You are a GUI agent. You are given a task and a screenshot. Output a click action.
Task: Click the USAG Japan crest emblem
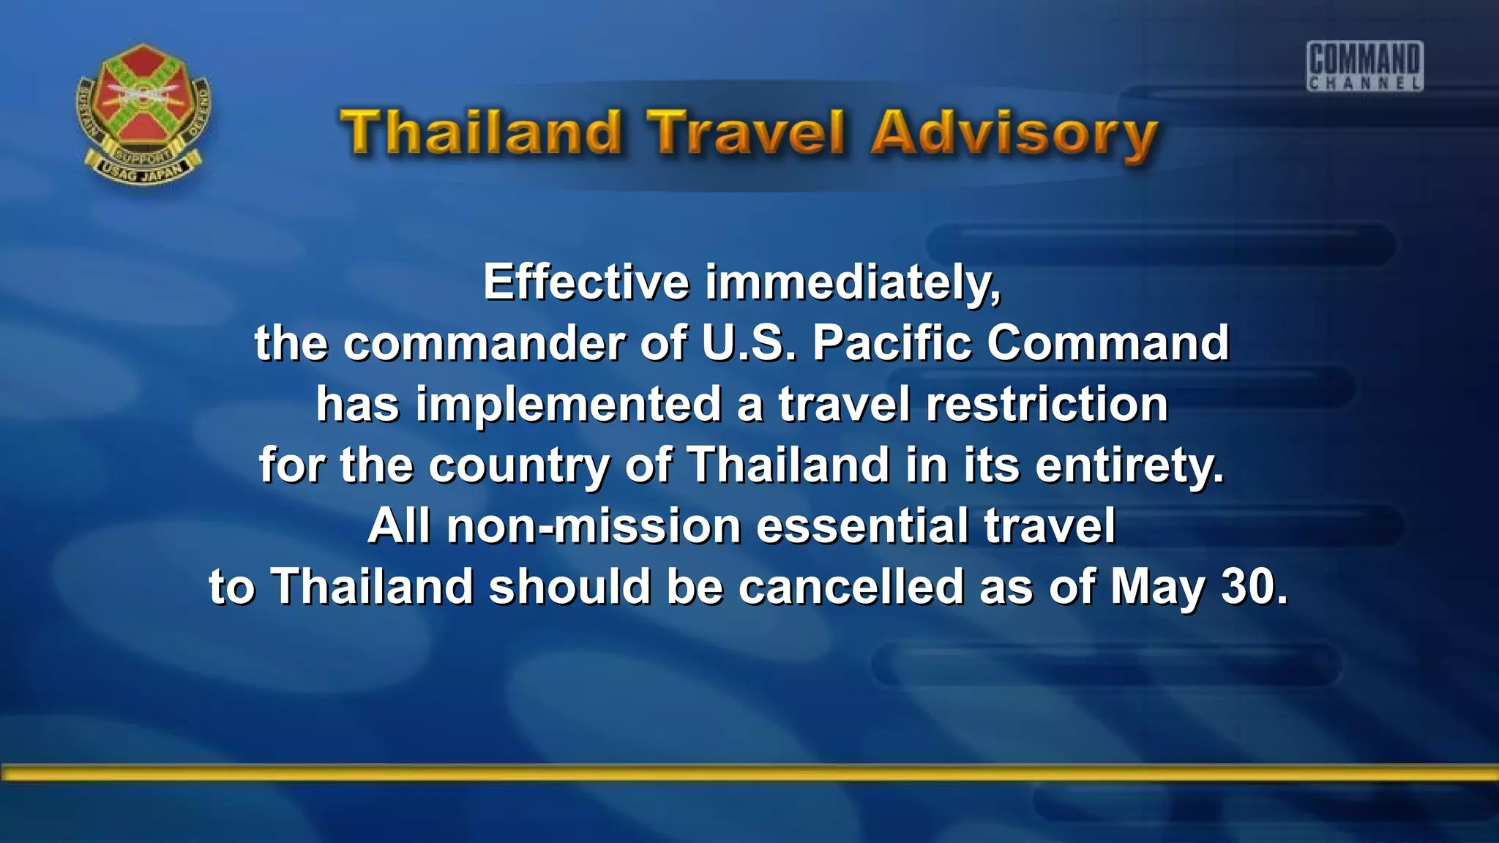point(143,113)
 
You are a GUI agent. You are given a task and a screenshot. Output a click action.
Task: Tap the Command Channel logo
point(1365,66)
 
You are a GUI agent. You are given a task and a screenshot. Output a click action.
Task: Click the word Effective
point(586,282)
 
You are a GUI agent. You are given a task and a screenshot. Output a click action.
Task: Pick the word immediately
point(853,284)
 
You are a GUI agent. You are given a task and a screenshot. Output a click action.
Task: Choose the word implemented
point(569,405)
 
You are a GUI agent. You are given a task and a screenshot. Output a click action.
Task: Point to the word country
point(519,466)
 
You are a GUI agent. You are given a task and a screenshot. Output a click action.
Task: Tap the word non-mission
point(594,526)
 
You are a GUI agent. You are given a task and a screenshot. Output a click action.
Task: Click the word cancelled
point(851,587)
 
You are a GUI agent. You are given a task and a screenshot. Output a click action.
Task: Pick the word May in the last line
point(1157,588)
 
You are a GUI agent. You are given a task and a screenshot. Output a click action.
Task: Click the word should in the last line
point(570,587)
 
